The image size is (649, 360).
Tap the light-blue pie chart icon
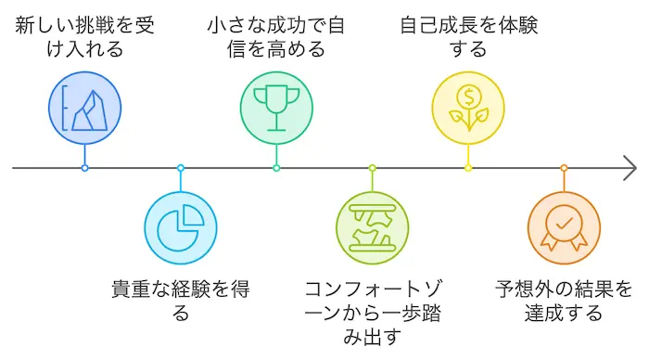pyautogui.click(x=181, y=227)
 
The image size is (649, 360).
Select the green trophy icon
pyautogui.click(x=276, y=109)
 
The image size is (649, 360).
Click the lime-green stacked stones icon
pyautogui.click(x=372, y=227)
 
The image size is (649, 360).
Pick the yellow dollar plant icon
pyautogui.click(x=468, y=109)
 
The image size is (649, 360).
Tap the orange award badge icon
pyautogui.click(x=564, y=227)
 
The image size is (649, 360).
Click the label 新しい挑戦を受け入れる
pyautogui.click(x=84, y=36)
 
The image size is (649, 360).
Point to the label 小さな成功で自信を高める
pyautogui.click(x=276, y=36)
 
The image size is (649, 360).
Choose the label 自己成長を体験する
pyautogui.click(x=468, y=36)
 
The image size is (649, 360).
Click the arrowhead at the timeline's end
pyautogui.click(x=631, y=168)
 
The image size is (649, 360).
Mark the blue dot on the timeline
pyautogui.click(x=84, y=168)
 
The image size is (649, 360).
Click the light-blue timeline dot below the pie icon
pyautogui.click(x=181, y=168)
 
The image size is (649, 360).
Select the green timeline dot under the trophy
pyautogui.click(x=276, y=168)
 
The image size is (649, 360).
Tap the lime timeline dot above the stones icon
pyautogui.click(x=372, y=168)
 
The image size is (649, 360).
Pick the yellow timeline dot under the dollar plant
pyautogui.click(x=468, y=168)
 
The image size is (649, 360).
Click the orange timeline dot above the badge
pyautogui.click(x=564, y=168)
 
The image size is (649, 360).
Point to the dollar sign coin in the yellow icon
pyautogui.click(x=468, y=95)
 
